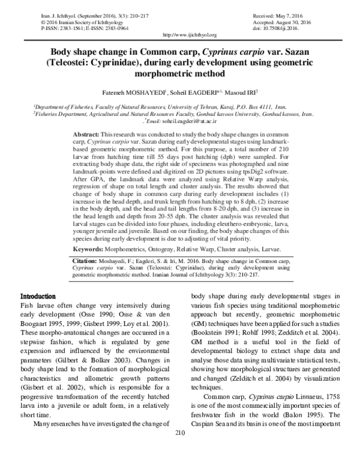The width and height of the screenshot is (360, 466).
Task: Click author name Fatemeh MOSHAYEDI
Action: point(130,92)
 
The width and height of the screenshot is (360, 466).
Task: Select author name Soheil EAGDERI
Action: point(193,92)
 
